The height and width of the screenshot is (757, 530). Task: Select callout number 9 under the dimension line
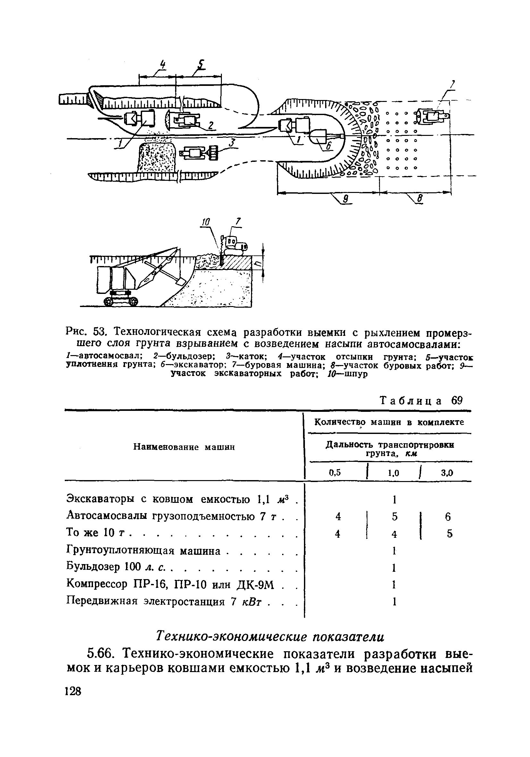346,199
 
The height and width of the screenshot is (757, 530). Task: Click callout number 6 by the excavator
328,147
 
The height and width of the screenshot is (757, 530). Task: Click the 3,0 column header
447,473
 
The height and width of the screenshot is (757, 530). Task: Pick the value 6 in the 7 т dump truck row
448,517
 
